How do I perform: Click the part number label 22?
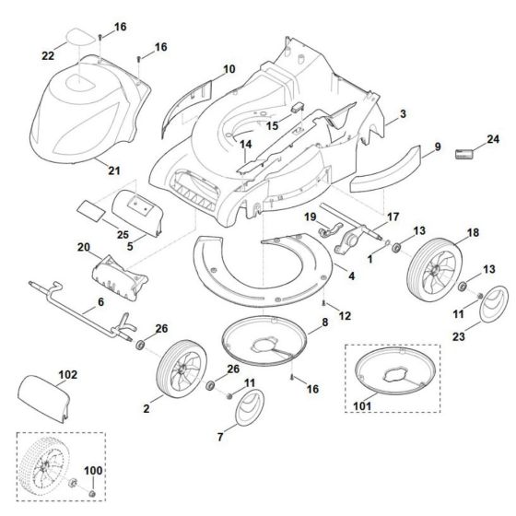(49, 57)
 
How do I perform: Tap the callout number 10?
(229, 68)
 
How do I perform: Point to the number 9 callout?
(438, 146)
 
